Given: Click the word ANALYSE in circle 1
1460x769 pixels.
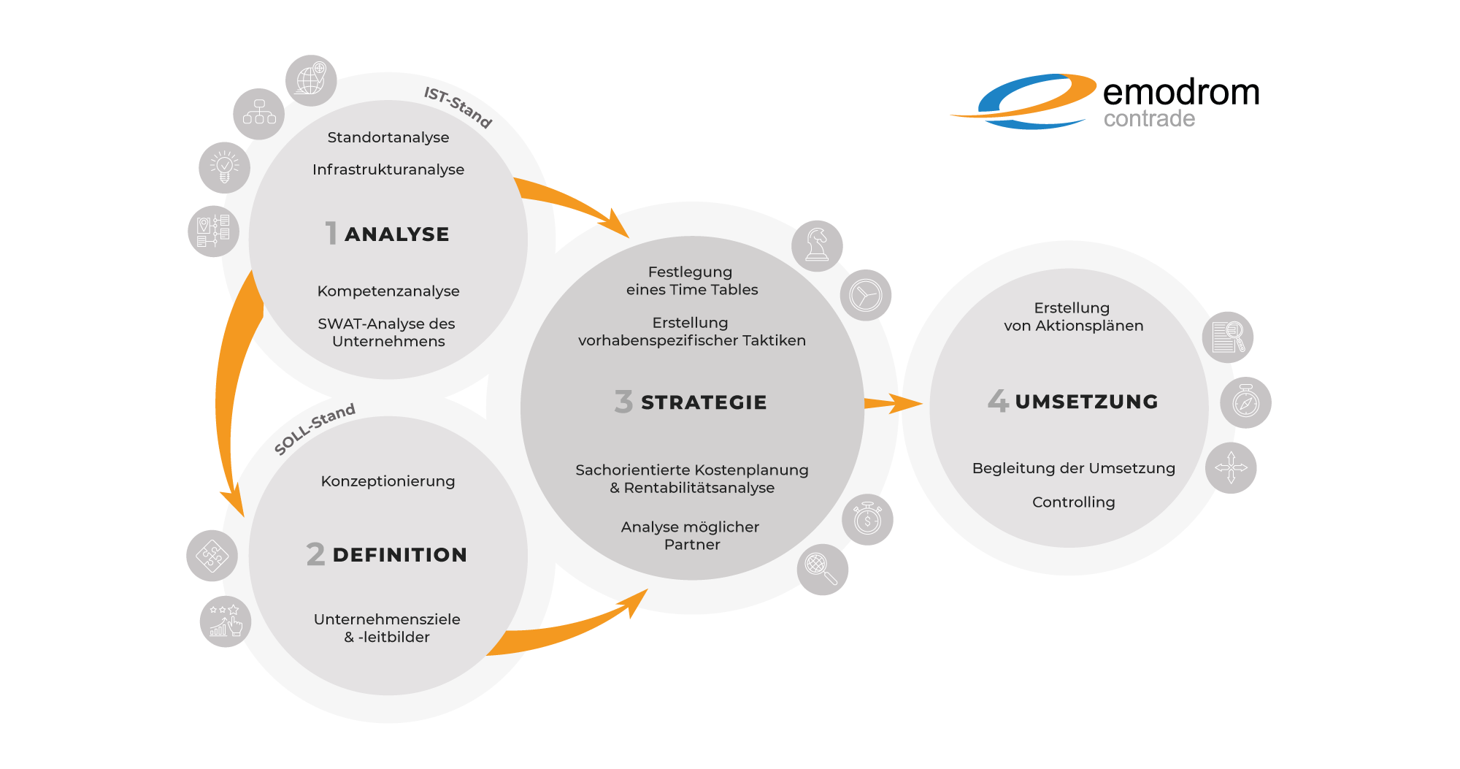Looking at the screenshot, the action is (397, 234).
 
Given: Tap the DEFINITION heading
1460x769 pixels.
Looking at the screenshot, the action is (399, 555).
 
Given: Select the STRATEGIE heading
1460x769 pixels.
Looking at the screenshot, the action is (704, 402).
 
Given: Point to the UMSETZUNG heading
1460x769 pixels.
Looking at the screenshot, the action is (1086, 402).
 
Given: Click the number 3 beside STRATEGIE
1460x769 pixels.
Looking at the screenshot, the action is (623, 402).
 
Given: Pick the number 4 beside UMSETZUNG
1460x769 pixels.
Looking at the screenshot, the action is (998, 401).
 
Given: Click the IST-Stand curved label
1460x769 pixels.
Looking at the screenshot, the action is (458, 107).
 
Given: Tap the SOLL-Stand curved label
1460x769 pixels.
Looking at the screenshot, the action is (315, 429).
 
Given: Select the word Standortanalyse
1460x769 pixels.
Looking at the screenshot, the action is (388, 137).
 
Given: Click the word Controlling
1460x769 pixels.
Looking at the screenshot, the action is (1074, 502).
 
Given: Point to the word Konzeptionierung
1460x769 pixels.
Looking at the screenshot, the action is (388, 481).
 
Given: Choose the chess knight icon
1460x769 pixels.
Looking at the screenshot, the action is (817, 246).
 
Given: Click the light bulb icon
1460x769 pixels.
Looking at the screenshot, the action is (225, 168).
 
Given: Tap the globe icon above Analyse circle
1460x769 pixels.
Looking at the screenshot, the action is (311, 80).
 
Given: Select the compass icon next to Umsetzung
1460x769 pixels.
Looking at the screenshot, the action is (1245, 402).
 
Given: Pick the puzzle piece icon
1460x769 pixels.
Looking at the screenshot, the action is (212, 556).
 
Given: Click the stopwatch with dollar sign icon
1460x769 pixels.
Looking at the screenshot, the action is (867, 519).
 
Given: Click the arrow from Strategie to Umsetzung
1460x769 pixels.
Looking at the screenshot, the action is (893, 403).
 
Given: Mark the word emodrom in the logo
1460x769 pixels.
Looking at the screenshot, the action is (1181, 93).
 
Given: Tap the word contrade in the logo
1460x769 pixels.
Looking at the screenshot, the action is (1149, 118).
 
